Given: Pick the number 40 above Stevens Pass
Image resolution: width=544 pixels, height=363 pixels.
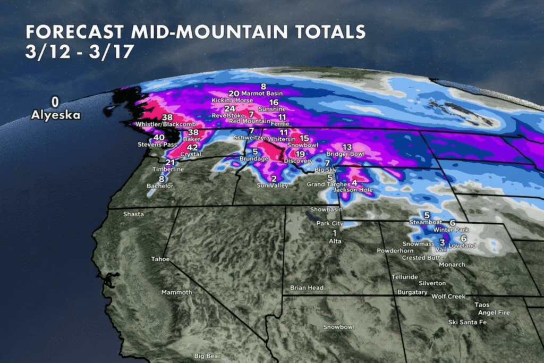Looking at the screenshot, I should [159, 137].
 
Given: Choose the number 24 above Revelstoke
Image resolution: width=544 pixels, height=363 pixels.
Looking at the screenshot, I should [229, 108].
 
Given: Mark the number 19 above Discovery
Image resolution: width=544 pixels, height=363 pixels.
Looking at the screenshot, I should [300, 154].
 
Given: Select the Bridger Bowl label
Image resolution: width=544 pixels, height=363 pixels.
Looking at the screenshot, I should [345, 154].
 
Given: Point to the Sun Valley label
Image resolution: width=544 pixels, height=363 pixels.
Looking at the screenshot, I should [272, 185].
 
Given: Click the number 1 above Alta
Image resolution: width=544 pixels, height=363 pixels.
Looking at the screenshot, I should [335, 233].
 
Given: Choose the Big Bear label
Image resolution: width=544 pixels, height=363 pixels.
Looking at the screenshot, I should [206, 356].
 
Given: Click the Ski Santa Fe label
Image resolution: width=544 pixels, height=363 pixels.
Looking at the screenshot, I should [467, 322].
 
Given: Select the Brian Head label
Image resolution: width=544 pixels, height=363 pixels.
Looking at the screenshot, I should [307, 288].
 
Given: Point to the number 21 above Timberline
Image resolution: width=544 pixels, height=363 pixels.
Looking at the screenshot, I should [170, 163].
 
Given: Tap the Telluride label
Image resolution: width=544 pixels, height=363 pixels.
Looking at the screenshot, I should [405, 277].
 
